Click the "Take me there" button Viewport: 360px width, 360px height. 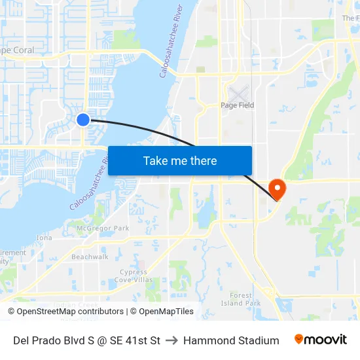pos(180,160)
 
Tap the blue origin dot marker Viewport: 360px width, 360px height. pos(83,119)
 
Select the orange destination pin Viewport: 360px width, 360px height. pos(278,189)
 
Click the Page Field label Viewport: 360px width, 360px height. pos(237,105)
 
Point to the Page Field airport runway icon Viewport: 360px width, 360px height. pos(238,93)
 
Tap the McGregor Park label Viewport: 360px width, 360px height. pos(103,228)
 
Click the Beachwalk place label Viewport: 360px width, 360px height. pos(90,257)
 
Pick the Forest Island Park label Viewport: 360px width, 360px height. pos(241,299)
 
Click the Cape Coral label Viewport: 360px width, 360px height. pos(16,50)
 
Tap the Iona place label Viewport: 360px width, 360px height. pos(45,238)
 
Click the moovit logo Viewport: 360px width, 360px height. pos(321,340)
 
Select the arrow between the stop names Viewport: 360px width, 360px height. pos(172,340)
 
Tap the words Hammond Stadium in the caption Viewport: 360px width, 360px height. pos(231,340)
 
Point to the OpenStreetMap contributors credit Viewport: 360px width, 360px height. pos(65,312)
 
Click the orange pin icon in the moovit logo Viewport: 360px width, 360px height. pos(299,339)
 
